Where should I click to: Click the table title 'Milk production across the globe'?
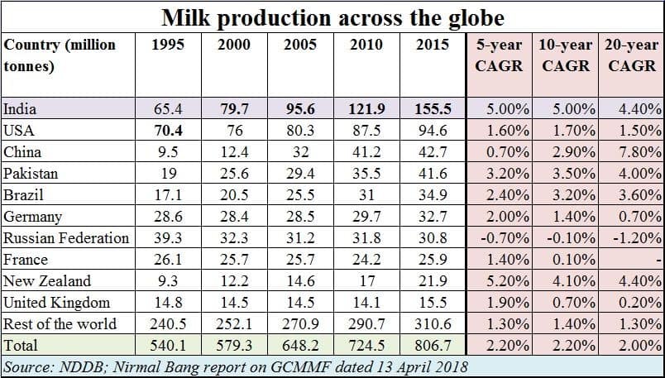coord(332,17)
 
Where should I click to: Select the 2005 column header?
coord(301,45)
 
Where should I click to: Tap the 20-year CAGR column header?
coord(632,55)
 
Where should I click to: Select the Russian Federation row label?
coord(66,238)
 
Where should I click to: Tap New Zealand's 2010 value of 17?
coord(367,281)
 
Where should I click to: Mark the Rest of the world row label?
coord(60,324)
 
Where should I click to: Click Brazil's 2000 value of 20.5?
coord(234,195)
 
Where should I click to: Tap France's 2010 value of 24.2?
coord(367,260)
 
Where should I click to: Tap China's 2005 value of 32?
coord(301,151)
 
